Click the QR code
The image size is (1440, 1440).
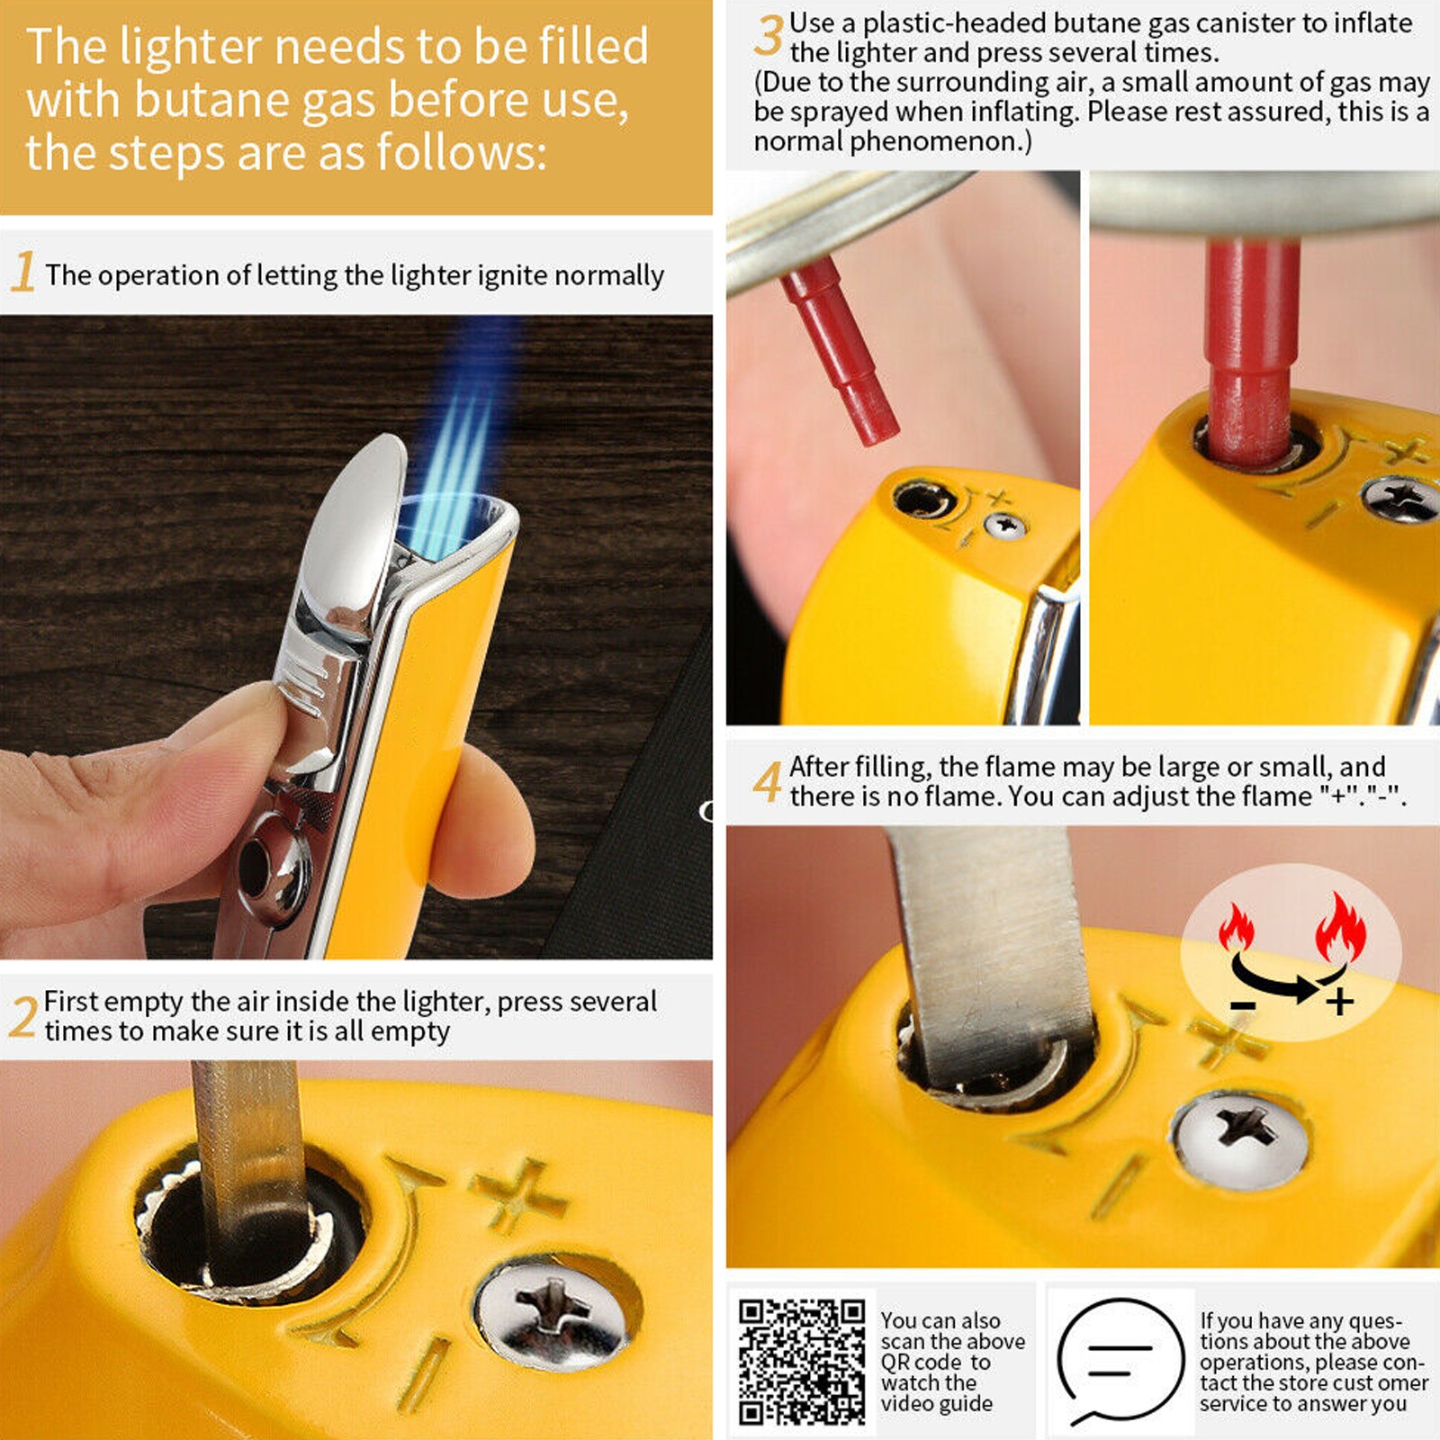click(802, 1362)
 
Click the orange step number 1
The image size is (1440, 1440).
click(23, 272)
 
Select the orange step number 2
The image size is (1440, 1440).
click(23, 1017)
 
